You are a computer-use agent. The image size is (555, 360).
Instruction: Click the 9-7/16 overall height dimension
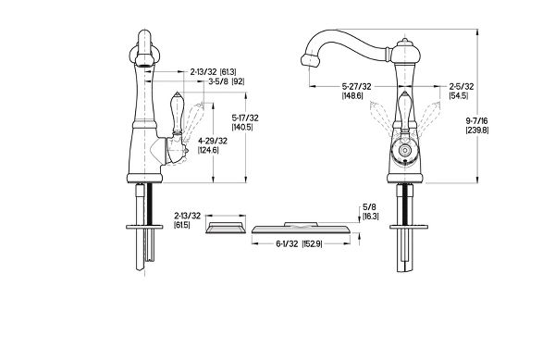(x=476, y=121)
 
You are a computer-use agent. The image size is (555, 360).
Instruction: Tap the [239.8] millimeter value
(x=476, y=130)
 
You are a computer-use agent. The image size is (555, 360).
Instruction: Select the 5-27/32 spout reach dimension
(x=356, y=86)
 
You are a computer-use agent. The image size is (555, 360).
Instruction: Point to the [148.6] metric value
(x=352, y=95)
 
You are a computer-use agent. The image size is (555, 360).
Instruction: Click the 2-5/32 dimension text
(x=462, y=86)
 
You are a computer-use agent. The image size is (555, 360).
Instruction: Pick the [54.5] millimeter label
(x=459, y=95)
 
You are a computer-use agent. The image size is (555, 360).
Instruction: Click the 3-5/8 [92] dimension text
(x=227, y=81)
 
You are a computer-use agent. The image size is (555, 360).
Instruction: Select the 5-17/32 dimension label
(x=245, y=118)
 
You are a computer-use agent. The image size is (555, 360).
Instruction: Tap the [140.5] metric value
(x=242, y=127)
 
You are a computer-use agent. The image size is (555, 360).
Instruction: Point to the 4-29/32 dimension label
(x=213, y=141)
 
